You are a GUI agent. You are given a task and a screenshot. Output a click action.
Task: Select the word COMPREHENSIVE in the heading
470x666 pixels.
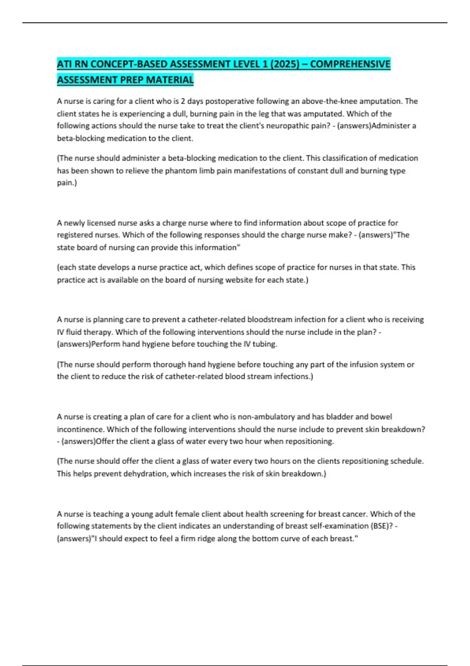[350, 64]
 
